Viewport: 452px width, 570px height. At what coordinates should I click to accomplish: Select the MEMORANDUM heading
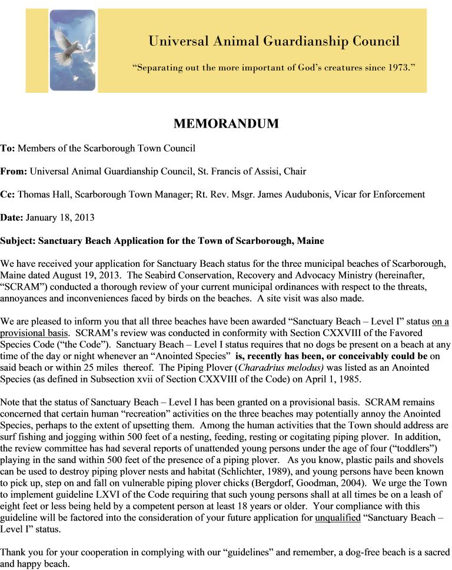225,124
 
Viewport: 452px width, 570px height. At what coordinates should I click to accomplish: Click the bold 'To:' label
8,148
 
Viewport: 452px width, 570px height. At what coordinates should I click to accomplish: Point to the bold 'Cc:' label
8,195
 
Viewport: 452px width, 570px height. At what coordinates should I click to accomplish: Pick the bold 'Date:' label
11,217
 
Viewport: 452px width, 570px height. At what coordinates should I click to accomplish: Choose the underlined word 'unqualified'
338,518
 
